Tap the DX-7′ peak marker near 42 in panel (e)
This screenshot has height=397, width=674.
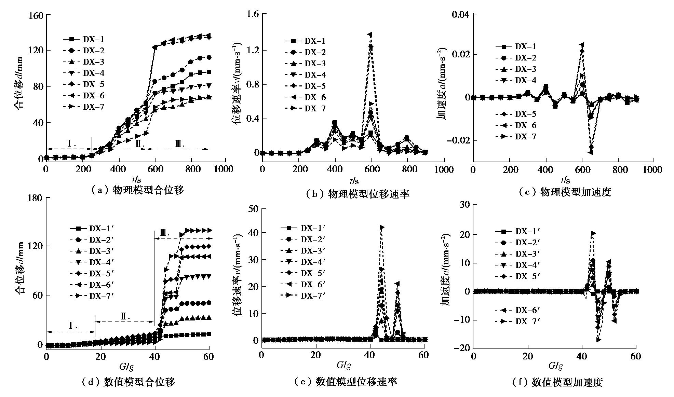tap(382, 227)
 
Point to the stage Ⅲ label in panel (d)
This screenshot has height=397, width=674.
tap(165, 233)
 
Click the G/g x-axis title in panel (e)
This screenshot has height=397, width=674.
tap(343, 365)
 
